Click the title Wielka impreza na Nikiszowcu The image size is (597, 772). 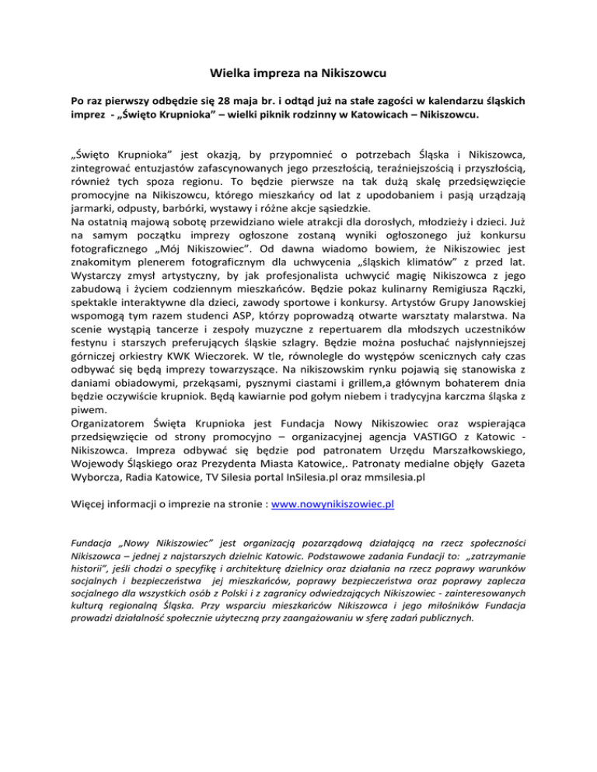[298, 75]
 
